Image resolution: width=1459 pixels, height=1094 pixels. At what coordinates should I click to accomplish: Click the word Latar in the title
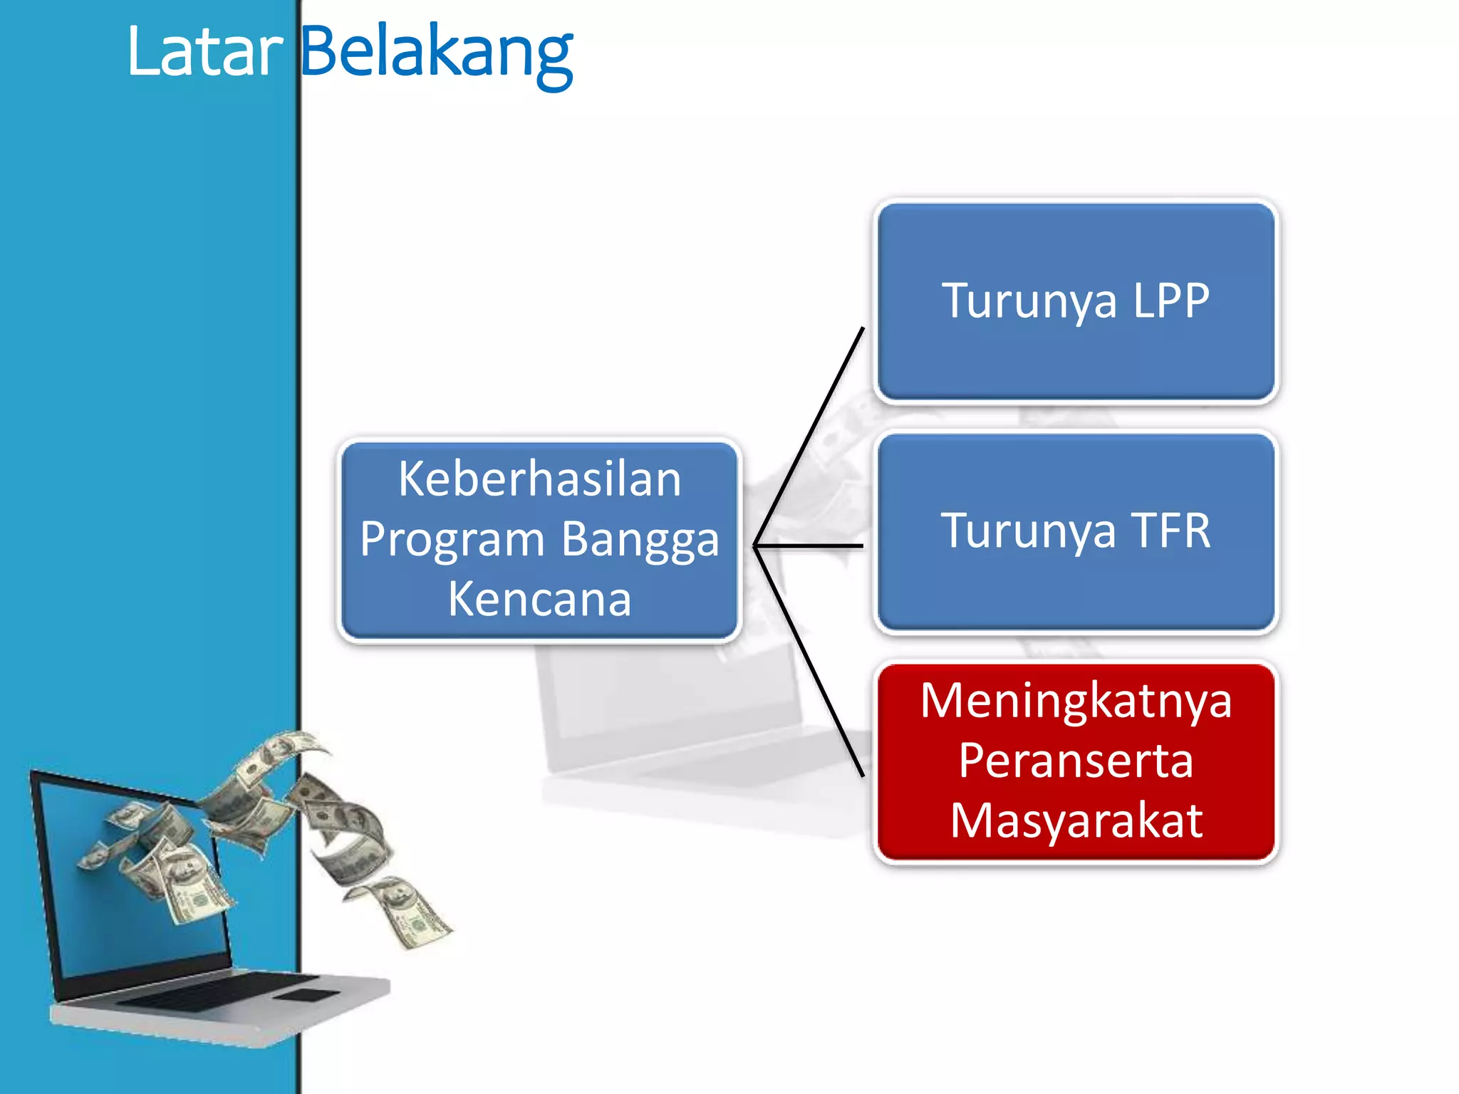point(205,51)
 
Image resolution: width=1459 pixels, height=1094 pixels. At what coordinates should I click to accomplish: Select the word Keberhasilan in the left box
point(539,479)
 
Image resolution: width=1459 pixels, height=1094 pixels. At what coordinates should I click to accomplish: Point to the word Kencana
point(539,599)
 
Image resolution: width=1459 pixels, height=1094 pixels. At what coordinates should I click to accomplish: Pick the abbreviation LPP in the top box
point(1170,300)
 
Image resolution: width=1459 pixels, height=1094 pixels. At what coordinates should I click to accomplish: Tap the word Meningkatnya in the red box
point(1076,702)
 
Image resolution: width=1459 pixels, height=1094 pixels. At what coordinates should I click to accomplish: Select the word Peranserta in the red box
point(1076,761)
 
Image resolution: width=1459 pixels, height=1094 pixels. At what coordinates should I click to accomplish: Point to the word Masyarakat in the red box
point(1076,821)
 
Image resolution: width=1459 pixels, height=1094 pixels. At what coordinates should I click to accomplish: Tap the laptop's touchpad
point(306,995)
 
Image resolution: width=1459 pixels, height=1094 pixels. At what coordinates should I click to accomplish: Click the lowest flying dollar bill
point(413,915)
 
